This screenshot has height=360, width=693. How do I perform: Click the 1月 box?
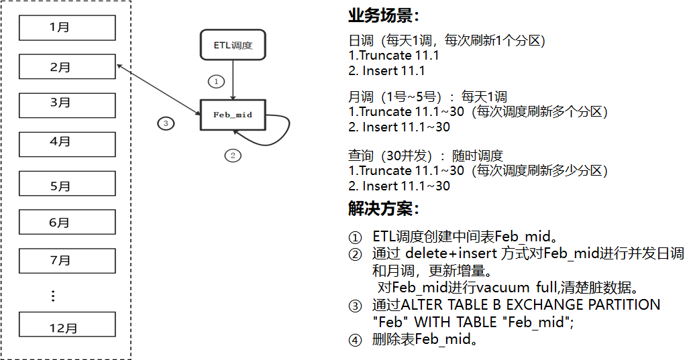[66, 28]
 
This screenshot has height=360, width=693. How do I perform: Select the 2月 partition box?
[66, 67]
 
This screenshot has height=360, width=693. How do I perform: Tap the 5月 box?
[66, 184]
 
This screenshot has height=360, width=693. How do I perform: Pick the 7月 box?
[66, 261]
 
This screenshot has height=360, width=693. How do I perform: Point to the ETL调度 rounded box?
[232, 46]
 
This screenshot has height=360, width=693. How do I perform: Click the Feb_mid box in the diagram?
[232, 115]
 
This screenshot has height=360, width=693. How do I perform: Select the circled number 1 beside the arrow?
[215, 81]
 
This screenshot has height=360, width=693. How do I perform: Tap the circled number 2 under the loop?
[232, 156]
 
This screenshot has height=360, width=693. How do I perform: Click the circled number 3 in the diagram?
[166, 123]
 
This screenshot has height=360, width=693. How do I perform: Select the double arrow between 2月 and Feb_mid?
[158, 89]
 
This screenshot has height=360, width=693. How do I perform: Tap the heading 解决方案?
[384, 208]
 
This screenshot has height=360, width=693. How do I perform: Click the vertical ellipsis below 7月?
[54, 296]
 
